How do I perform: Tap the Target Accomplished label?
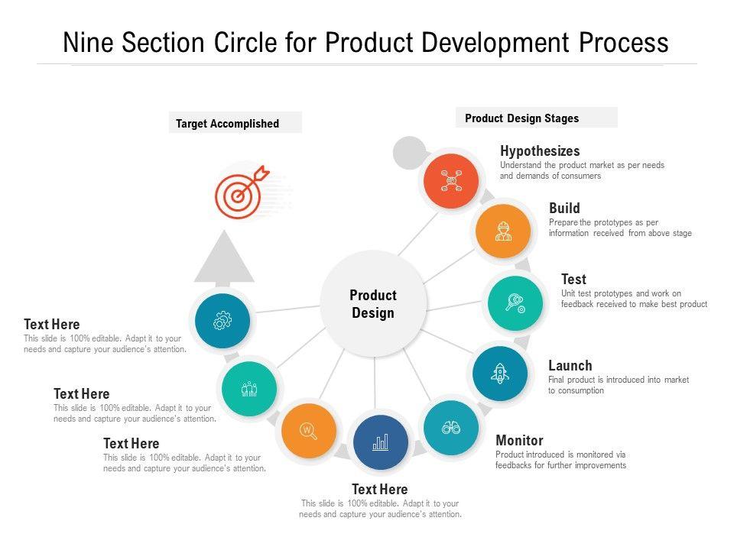point(228,123)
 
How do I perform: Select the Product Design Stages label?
point(522,118)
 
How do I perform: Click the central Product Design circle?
point(373,303)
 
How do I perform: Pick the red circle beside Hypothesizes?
point(451,180)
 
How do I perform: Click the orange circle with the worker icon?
point(502,231)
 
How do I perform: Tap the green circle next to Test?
point(515,302)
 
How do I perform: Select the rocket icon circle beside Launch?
point(500,374)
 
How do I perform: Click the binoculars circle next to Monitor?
point(451,428)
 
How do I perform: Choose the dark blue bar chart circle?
point(381,442)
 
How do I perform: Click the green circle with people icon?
point(249,389)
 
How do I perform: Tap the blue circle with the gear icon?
point(222,321)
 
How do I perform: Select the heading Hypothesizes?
point(540,151)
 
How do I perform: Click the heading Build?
point(564,208)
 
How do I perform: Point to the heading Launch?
point(570,366)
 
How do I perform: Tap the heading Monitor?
point(519,440)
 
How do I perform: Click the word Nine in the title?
point(87,42)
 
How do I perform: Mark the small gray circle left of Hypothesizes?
point(409,153)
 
